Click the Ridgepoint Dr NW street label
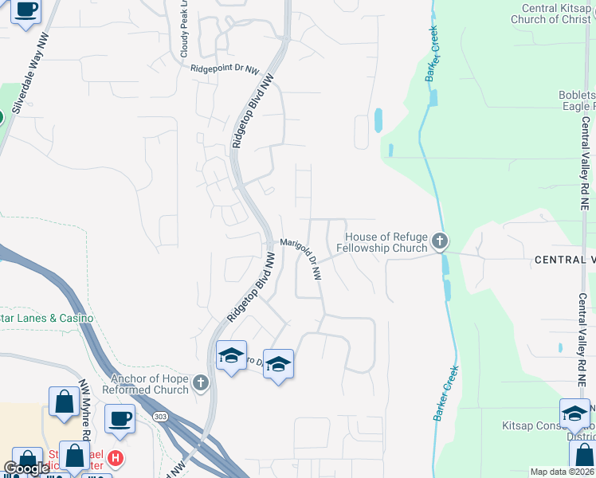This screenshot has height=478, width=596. coord(225,69)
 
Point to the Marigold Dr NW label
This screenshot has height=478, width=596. coord(301,257)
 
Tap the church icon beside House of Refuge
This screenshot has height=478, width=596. coord(440,241)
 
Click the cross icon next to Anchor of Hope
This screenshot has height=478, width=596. coord(201,383)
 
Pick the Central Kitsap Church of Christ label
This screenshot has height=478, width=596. coord(556,14)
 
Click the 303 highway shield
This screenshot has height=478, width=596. coord(162,416)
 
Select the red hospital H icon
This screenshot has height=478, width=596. coord(116,458)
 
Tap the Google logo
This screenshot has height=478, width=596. coord(26,468)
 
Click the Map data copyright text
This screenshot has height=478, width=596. coord(562,472)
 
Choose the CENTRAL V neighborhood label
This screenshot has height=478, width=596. coord(564,261)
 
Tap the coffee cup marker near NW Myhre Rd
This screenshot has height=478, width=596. coord(120,419)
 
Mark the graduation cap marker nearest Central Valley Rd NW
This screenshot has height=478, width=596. coord(574,413)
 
